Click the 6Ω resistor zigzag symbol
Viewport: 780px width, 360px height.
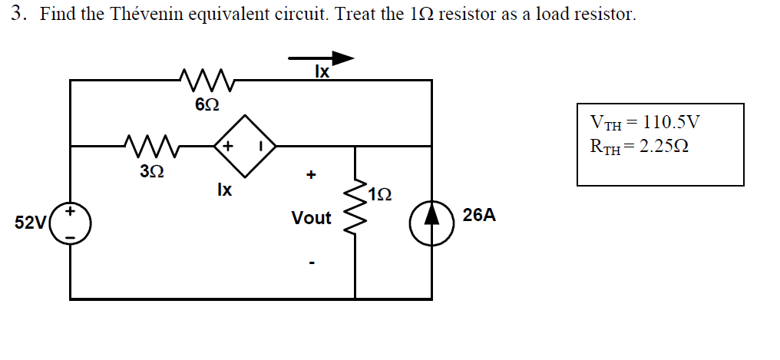203,77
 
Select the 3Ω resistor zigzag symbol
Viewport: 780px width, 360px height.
150,143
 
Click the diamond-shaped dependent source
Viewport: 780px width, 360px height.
244,144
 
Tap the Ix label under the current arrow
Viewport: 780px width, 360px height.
322,72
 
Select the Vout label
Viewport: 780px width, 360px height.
311,219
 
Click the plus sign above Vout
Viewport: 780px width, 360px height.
311,175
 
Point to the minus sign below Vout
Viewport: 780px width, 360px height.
311,263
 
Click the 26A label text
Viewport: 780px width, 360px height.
479,216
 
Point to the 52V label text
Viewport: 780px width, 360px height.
31,223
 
